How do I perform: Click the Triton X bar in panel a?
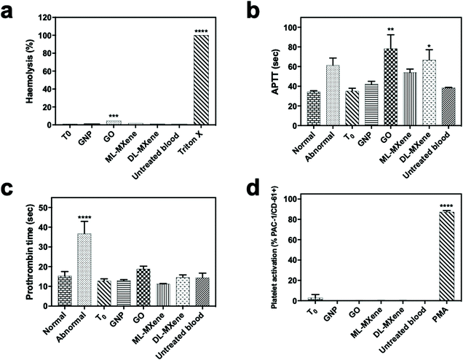[197, 80]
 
